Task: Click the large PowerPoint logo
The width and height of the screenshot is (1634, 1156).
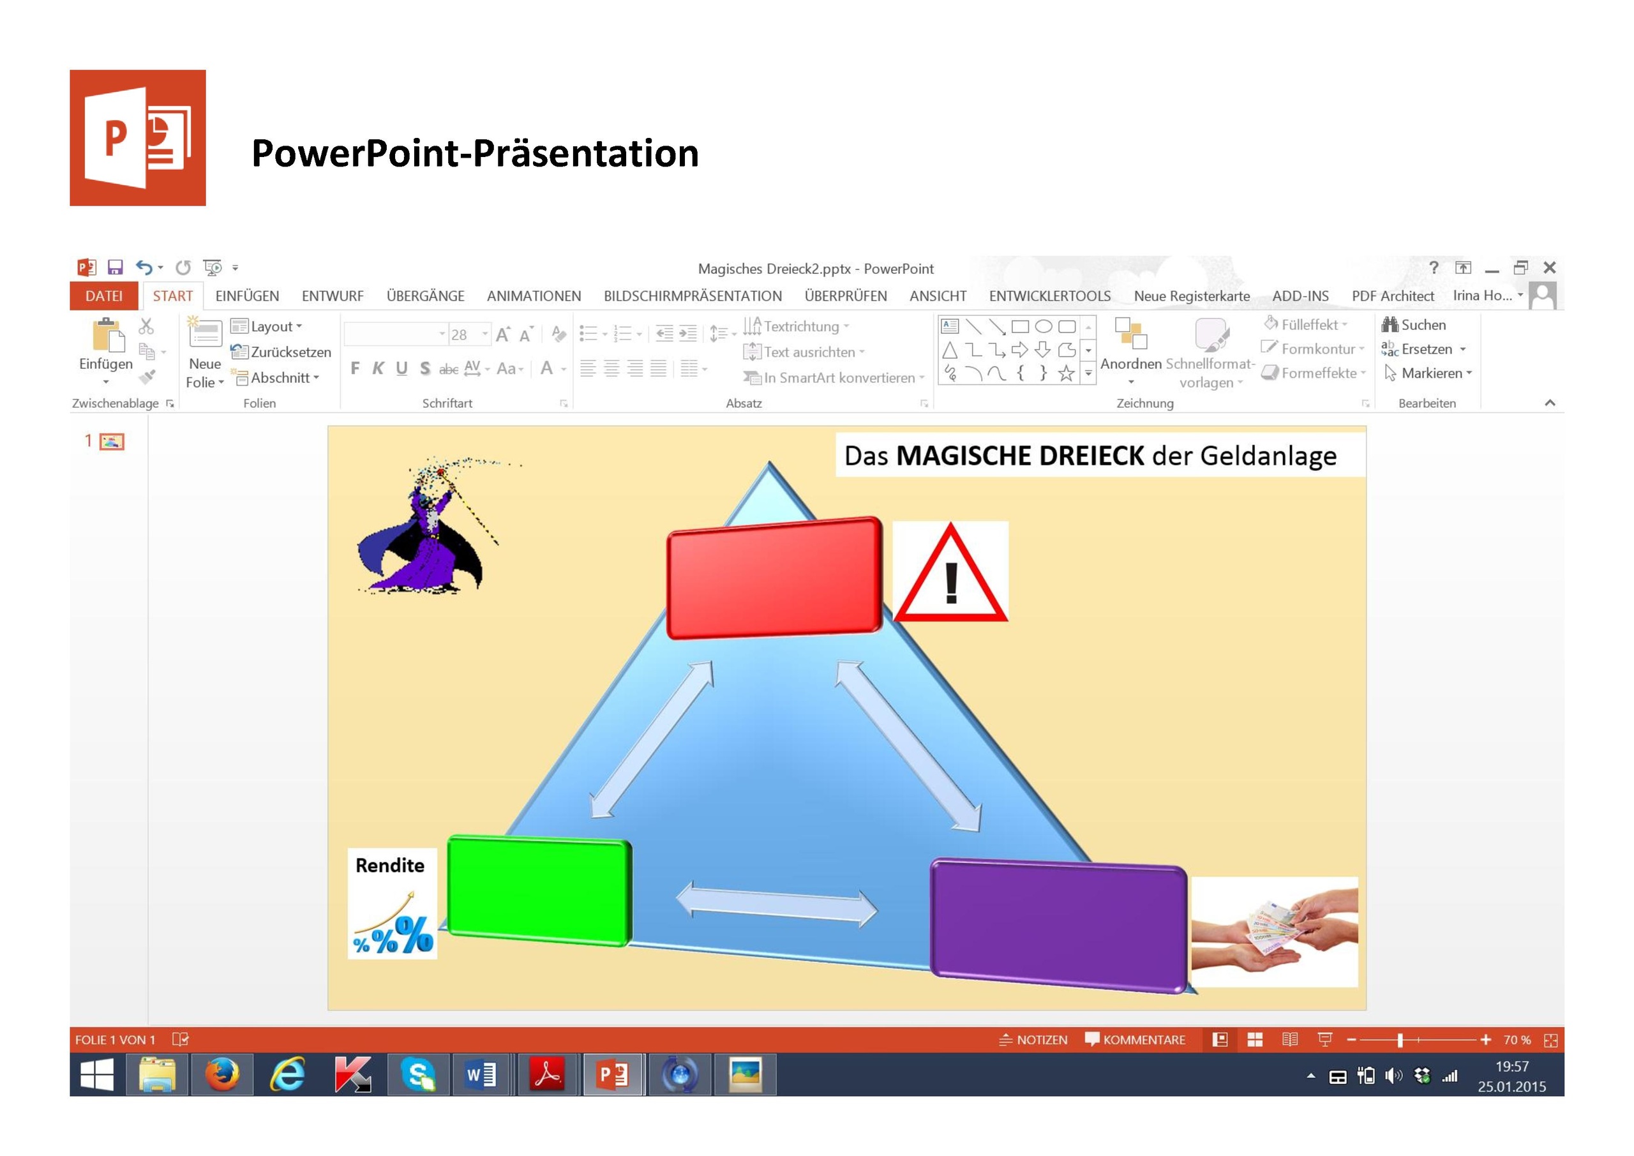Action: tap(137, 137)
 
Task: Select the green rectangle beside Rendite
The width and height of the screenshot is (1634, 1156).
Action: tap(539, 890)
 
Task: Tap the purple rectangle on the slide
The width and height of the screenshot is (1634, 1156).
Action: tap(1059, 926)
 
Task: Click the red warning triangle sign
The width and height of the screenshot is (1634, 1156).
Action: tap(950, 573)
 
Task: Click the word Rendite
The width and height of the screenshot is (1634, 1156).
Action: tap(390, 866)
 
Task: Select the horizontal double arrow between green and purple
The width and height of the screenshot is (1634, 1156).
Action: tap(776, 904)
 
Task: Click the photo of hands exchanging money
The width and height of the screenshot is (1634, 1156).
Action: tap(1274, 932)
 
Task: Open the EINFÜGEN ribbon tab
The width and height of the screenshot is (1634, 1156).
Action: tap(247, 296)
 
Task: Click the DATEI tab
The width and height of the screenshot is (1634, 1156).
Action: tap(104, 296)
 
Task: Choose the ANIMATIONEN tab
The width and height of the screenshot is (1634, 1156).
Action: tap(534, 296)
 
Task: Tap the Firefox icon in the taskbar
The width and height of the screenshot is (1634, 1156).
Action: tap(222, 1074)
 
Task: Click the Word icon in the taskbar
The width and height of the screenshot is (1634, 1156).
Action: tap(481, 1074)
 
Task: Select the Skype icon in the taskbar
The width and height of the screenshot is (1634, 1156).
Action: tap(417, 1074)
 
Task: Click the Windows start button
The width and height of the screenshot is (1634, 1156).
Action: tap(97, 1074)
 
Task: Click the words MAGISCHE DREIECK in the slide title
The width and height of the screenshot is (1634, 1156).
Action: tap(1020, 456)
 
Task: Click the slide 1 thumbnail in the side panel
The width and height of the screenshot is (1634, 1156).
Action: tap(112, 441)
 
